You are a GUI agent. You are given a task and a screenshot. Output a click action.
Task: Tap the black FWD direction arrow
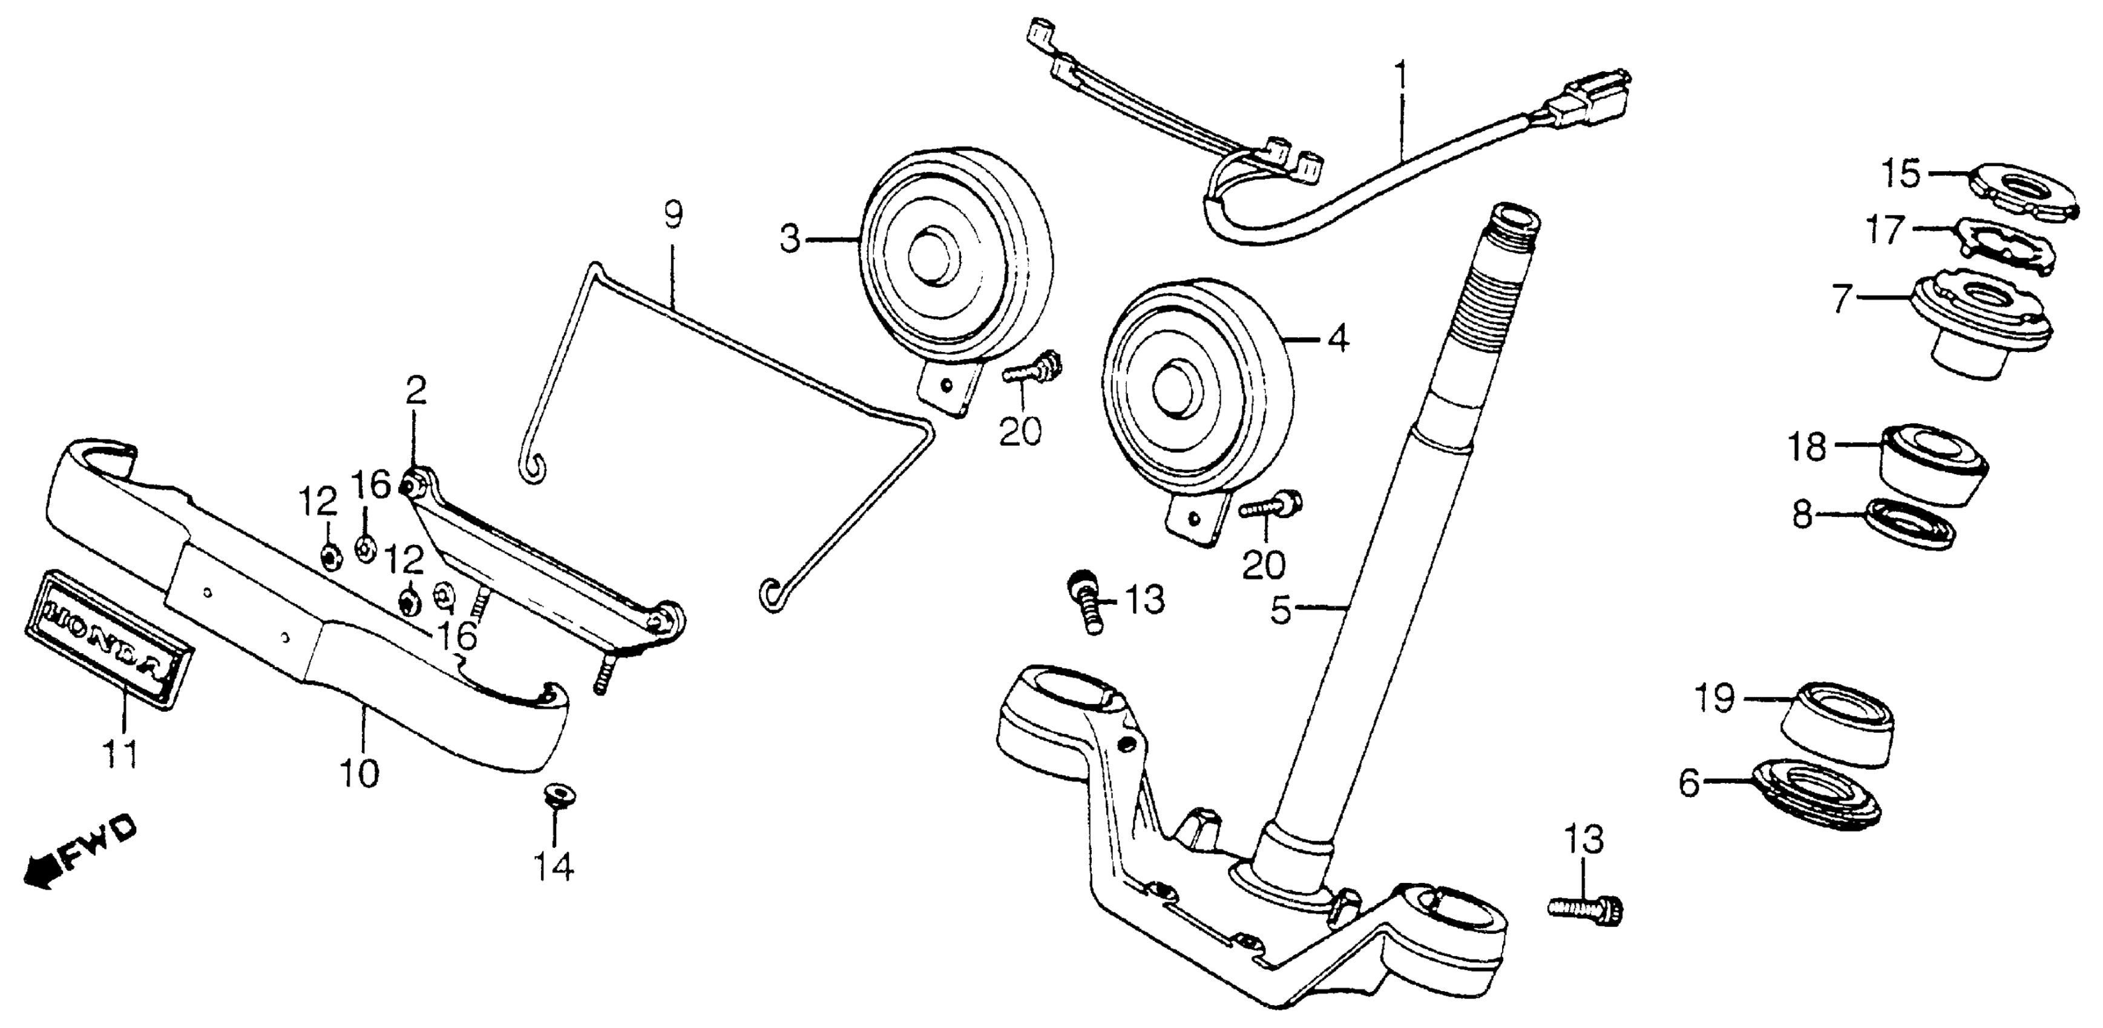point(39,871)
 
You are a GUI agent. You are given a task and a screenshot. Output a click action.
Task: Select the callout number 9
point(672,216)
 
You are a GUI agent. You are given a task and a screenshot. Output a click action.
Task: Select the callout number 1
point(1401,77)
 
